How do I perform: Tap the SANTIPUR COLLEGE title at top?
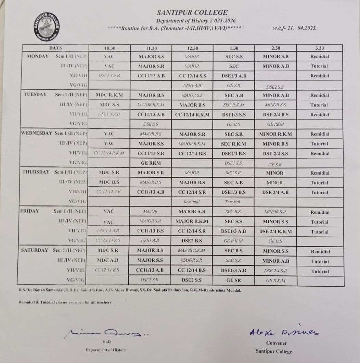pos(192,13)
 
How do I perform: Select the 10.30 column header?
pos(109,48)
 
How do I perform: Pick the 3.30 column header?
pos(319,48)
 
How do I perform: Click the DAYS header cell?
pos(55,48)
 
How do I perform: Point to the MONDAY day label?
pos(38,56)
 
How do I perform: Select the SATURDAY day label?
pos(35,250)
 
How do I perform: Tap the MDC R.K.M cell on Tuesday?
pos(109,95)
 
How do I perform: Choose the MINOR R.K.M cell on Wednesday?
pos(275,134)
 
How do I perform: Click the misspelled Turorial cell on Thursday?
pos(233,202)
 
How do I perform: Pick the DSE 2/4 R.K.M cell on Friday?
pos(275,231)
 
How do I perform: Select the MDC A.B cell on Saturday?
pos(108,260)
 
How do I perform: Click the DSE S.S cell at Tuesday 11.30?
pos(151,124)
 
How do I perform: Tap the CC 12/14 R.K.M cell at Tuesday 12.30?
pos(192,115)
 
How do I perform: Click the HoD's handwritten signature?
pos(106,332)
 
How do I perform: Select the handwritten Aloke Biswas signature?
pos(284,331)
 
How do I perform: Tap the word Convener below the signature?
pos(277,343)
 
